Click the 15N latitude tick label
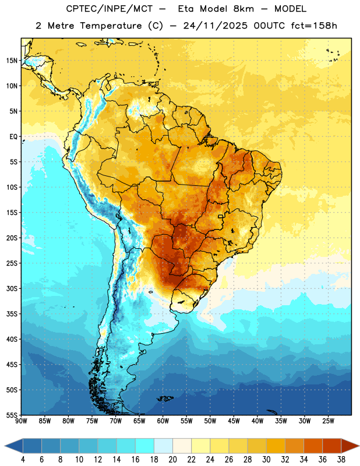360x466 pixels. (x=12, y=61)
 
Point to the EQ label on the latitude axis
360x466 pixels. (x=13, y=137)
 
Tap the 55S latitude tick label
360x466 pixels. (x=12, y=415)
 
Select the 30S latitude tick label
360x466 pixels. (x=12, y=288)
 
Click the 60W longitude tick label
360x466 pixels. (x=163, y=421)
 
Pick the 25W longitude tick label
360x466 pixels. (x=328, y=421)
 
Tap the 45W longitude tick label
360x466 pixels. (x=234, y=421)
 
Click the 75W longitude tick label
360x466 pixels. (x=92, y=421)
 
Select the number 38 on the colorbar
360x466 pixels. (x=341, y=460)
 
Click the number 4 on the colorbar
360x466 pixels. (x=23, y=460)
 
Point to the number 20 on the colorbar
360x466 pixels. (x=172, y=460)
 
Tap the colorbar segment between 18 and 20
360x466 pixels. (x=163, y=446)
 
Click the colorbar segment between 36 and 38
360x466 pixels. (x=332, y=446)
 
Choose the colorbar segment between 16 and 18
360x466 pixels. (x=144, y=446)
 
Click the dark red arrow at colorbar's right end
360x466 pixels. (x=350, y=446)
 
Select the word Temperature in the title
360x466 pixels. (x=111, y=26)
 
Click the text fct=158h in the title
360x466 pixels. (x=314, y=26)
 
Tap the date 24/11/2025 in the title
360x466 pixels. (x=215, y=26)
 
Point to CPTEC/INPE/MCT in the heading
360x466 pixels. (x=109, y=9)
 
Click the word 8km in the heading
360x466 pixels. (x=243, y=9)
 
